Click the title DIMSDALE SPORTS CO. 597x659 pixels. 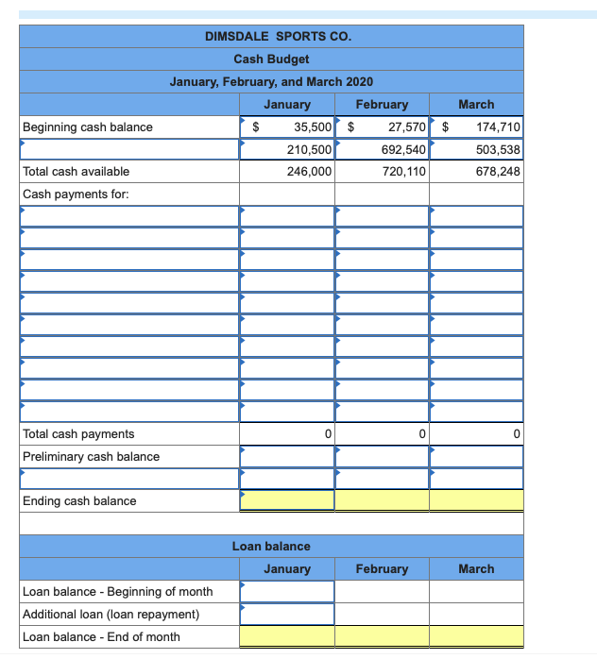tap(278, 37)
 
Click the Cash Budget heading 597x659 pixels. tap(271, 59)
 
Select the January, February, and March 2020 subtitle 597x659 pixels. tap(271, 82)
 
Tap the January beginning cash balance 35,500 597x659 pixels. tap(311, 127)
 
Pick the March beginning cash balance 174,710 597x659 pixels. tap(499, 127)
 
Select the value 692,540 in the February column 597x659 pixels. tap(404, 149)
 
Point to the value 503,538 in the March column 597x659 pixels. tap(499, 149)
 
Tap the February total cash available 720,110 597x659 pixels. tap(404, 172)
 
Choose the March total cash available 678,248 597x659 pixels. tap(499, 172)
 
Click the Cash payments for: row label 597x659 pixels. tap(76, 194)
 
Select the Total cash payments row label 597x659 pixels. tap(78, 434)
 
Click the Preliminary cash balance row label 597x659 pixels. tap(91, 457)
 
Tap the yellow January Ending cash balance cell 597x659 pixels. tap(287, 500)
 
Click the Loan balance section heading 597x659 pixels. tap(271, 547)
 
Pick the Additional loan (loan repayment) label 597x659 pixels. tap(111, 615)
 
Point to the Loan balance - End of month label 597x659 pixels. tap(101, 637)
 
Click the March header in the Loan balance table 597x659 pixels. tap(476, 569)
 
